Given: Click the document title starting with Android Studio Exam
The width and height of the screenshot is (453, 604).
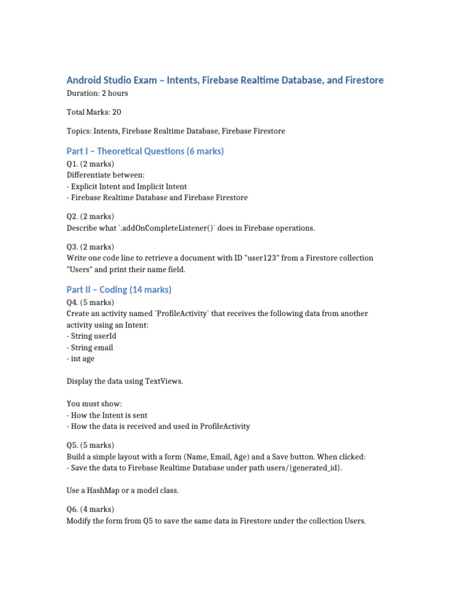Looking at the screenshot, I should click(225, 80).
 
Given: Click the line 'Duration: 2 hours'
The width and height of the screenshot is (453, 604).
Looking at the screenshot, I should click(97, 93).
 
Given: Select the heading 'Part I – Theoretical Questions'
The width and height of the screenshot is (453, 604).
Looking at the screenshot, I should click(145, 151).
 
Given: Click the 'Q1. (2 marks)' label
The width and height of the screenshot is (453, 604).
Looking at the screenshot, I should click(90, 163).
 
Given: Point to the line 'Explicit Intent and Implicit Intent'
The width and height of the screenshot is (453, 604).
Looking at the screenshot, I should click(128, 186).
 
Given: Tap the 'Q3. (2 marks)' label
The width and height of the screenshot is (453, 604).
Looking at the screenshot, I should click(90, 247).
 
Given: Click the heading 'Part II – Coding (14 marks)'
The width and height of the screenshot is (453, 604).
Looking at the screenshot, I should click(119, 290).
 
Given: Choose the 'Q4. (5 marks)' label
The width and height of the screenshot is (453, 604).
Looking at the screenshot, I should click(90, 302).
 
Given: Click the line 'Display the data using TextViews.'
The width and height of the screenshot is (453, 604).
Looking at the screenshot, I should click(124, 381).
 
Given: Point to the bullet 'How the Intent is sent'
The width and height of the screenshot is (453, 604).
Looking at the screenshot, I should click(109, 415).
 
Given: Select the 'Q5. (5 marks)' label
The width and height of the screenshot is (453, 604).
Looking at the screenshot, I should click(90, 445).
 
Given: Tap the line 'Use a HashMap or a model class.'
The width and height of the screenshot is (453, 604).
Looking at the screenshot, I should click(123, 490).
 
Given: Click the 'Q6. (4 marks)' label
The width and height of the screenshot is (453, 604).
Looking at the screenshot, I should click(90, 509).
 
